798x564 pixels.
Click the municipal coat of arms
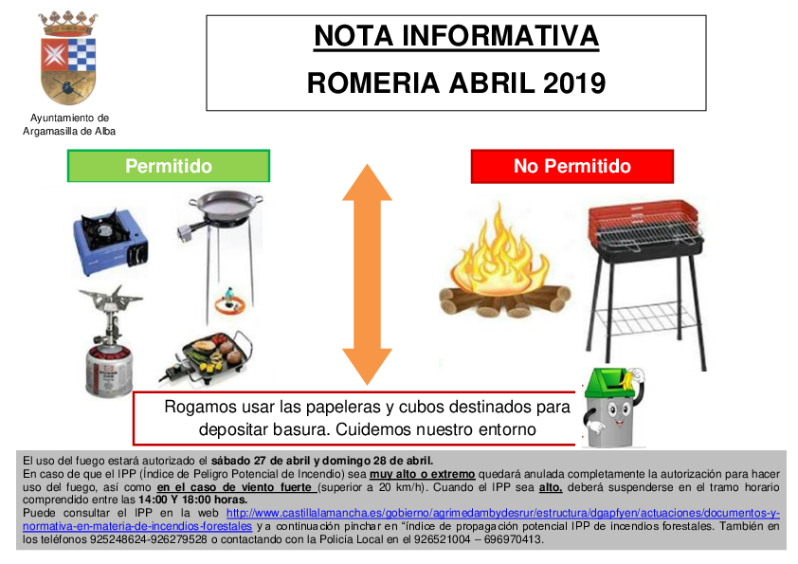[67, 59]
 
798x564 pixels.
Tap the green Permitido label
[169, 166]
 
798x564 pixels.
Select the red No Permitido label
[572, 166]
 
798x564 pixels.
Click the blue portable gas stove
[111, 242]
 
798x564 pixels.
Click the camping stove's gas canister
[109, 370]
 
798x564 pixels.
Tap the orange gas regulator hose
[230, 303]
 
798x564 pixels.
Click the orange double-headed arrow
[367, 274]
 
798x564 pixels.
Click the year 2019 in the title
[574, 83]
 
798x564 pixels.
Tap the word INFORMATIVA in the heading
[500, 36]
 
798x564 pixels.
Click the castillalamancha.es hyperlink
[401, 519]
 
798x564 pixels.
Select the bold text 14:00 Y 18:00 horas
[192, 500]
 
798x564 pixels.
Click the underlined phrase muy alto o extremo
[422, 474]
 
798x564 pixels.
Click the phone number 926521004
[442, 539]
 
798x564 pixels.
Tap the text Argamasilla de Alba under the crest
[69, 132]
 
